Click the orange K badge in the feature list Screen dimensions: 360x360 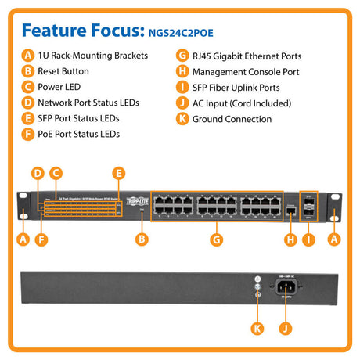coord(182,119)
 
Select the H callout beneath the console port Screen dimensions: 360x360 coord(290,239)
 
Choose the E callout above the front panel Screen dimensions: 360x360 coord(119,173)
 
